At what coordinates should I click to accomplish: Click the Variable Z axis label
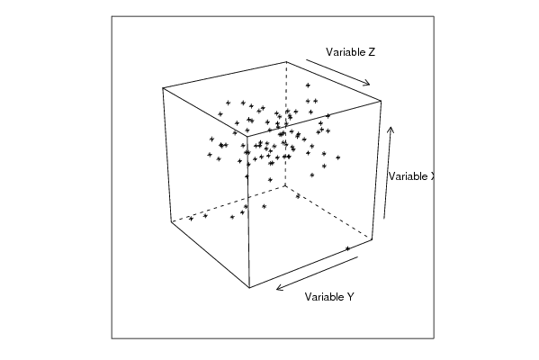pos(350,52)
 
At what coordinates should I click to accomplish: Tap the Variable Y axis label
pos(329,297)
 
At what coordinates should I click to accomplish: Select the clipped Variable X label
pos(411,176)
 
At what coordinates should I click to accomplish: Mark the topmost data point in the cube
pos(308,85)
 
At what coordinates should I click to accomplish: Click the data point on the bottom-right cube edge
pos(347,248)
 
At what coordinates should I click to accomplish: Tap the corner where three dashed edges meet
pos(285,186)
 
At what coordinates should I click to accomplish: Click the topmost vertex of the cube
pos(286,62)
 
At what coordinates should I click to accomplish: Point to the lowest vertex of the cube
pos(249,287)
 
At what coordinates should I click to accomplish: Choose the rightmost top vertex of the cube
pos(381,101)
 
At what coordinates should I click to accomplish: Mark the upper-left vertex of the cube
pos(163,88)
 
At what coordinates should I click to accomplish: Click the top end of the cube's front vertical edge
pos(247,136)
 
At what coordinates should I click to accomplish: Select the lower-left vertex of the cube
pos(171,221)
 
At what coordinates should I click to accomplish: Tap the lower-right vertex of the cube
pos(373,239)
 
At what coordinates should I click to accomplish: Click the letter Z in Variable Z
pos(372,52)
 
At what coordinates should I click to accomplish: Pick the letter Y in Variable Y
pos(350,297)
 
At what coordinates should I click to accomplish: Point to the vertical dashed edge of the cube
pos(285,124)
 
